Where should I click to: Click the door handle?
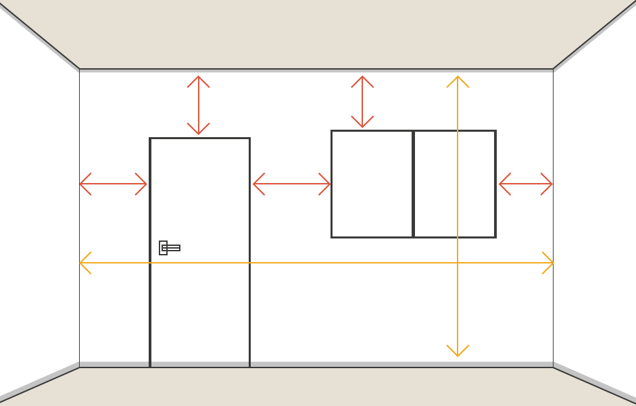pyautogui.click(x=169, y=248)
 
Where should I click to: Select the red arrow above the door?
pyautogui.click(x=198, y=105)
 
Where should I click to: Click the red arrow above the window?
pyautogui.click(x=362, y=102)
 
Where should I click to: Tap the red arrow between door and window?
pyautogui.click(x=291, y=184)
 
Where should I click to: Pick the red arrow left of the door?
pyautogui.click(x=114, y=184)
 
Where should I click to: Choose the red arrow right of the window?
pyautogui.click(x=526, y=184)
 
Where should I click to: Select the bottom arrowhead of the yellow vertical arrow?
pyautogui.click(x=458, y=352)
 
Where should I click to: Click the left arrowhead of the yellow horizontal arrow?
pyautogui.click(x=84, y=263)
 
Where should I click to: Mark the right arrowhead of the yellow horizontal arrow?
pyautogui.click(x=549, y=263)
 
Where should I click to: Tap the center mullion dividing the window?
pyautogui.click(x=413, y=184)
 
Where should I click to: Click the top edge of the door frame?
pyautogui.click(x=199, y=138)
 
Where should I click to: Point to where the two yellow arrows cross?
pyautogui.click(x=458, y=263)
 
